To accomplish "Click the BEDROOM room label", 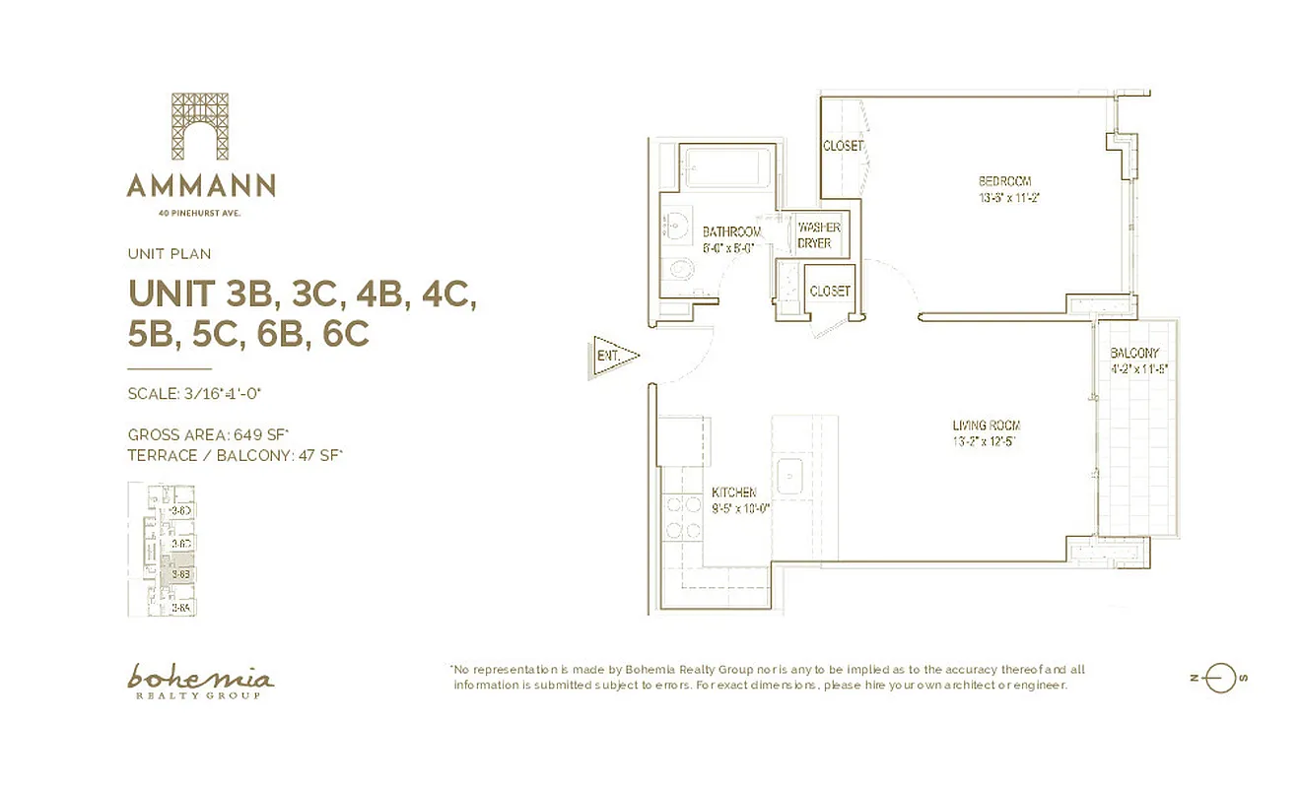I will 1004,180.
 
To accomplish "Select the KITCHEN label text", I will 734,492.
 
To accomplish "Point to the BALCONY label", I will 1134,354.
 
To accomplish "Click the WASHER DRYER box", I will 814,235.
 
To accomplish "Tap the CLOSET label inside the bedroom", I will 843,146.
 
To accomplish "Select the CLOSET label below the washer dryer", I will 829,292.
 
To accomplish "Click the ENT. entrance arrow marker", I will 613,355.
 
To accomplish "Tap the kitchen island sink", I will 792,477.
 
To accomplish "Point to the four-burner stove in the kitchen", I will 680,518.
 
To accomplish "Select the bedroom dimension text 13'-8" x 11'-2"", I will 1004,197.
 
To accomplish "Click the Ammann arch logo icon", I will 200,126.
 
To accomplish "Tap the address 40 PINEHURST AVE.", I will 200,212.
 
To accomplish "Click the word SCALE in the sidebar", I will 152,394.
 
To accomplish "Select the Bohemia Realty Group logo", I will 200,681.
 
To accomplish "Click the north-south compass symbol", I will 1220,678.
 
